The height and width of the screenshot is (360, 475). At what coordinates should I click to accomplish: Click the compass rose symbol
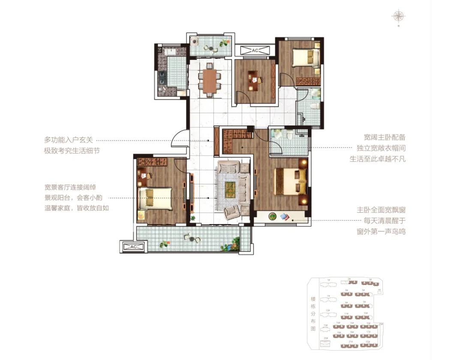point(398,17)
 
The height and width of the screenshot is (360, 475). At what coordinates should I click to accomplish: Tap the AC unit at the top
point(255,51)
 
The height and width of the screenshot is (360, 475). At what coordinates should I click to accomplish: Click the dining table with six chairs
point(210,81)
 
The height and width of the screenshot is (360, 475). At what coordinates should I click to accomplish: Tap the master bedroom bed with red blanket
point(290,181)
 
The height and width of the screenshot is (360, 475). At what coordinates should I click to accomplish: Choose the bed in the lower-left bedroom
point(155,199)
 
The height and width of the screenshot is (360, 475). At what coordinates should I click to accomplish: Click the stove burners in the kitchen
point(163,77)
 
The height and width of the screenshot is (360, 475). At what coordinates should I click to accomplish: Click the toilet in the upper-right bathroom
point(316,105)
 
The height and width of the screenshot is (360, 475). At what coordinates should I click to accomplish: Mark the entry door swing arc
point(178,139)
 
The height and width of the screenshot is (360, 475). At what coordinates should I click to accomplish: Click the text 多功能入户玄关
point(69,140)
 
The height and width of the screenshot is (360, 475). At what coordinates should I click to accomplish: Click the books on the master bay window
point(285,217)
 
